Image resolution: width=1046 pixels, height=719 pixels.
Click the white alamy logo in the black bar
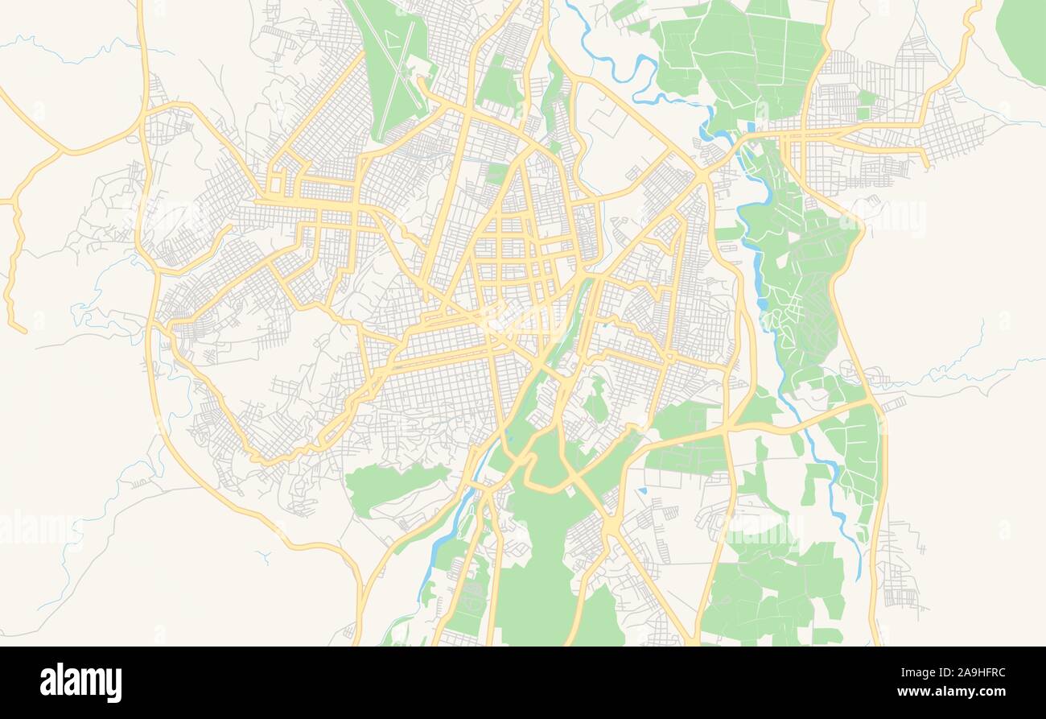(x=80, y=682)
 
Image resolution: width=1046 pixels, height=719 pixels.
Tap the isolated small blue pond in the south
(x=643, y=490)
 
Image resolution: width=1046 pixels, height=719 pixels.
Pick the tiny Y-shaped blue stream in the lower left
(x=263, y=556)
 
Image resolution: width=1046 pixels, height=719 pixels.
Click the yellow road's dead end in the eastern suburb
(x=927, y=167)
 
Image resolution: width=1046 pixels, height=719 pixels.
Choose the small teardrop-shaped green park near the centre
(x=595, y=399)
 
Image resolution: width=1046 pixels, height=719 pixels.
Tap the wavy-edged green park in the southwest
(x=394, y=485)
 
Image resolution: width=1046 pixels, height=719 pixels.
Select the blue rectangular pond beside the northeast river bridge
(x=750, y=127)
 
